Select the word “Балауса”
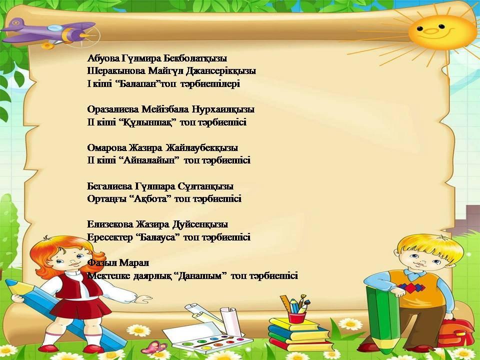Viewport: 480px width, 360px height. (x=157, y=237)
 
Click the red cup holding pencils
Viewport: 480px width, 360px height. (x=296, y=317)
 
